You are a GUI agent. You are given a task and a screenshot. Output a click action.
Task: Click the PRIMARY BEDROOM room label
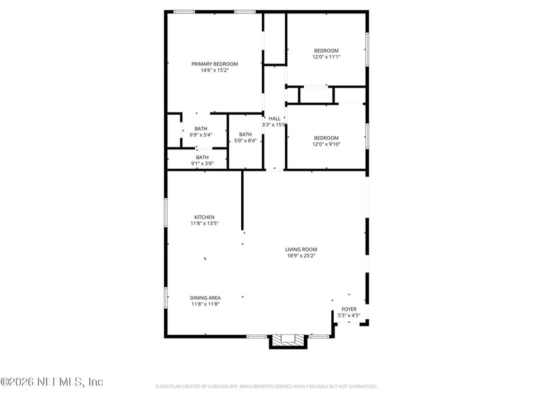(215, 64)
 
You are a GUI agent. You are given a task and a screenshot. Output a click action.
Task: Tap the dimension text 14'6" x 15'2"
(215, 71)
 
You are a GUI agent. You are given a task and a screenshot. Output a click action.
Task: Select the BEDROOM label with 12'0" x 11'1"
(326, 51)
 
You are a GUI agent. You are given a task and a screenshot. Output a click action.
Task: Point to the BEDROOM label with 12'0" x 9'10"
(326, 138)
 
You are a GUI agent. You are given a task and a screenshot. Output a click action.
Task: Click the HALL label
(274, 118)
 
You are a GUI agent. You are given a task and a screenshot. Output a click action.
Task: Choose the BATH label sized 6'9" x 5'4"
(201, 129)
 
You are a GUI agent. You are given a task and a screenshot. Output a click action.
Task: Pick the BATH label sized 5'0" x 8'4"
(245, 134)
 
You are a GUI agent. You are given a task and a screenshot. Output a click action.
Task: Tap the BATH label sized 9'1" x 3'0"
(202, 157)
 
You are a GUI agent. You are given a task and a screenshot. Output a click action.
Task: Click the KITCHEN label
(204, 217)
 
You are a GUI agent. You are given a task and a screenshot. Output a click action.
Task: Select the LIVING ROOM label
(301, 249)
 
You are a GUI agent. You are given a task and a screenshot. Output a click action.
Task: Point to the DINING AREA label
(205, 298)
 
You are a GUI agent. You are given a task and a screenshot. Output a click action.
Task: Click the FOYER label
(348, 309)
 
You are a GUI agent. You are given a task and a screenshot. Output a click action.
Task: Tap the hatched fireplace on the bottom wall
(288, 340)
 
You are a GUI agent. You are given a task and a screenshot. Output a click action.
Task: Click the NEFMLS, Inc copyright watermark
(52, 382)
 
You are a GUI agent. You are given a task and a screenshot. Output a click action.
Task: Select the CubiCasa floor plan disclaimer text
(266, 386)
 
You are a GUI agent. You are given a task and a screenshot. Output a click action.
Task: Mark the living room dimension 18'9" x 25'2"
(301, 255)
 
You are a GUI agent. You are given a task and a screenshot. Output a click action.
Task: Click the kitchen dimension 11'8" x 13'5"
(204, 224)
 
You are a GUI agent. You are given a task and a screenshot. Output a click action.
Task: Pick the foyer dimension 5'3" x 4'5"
(348, 315)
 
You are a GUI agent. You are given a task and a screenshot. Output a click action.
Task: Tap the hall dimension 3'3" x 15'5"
(274, 125)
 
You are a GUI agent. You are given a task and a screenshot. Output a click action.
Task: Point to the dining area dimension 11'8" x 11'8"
(205, 305)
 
